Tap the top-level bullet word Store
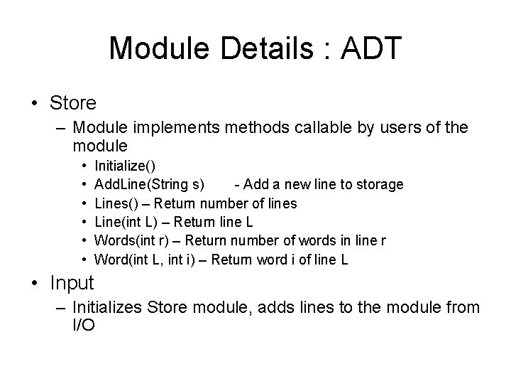[73, 103]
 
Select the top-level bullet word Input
[72, 282]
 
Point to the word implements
[180, 128]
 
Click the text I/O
[84, 326]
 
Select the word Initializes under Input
[109, 307]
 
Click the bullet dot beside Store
[35, 104]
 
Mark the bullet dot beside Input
[35, 283]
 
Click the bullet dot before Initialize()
[84, 166]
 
